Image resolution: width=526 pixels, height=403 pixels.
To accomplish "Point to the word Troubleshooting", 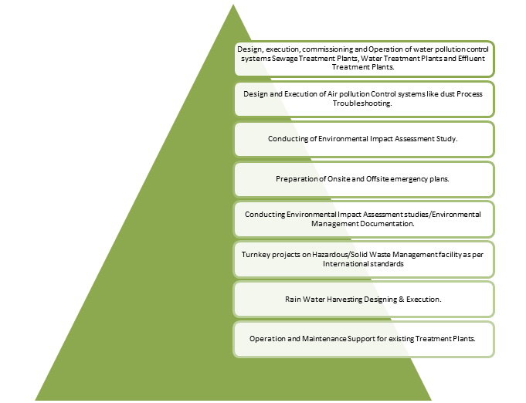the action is point(362,103).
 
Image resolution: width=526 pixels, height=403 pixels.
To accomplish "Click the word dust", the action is point(447,94).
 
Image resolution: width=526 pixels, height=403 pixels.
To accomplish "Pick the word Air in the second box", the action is point(332,94).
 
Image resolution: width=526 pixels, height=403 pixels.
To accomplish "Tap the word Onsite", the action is point(339,179).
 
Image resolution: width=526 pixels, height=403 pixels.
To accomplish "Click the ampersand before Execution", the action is point(401,300).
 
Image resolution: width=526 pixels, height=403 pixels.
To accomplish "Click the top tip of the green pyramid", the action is point(233,5).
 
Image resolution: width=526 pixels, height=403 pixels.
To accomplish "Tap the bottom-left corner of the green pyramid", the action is point(35,401).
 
